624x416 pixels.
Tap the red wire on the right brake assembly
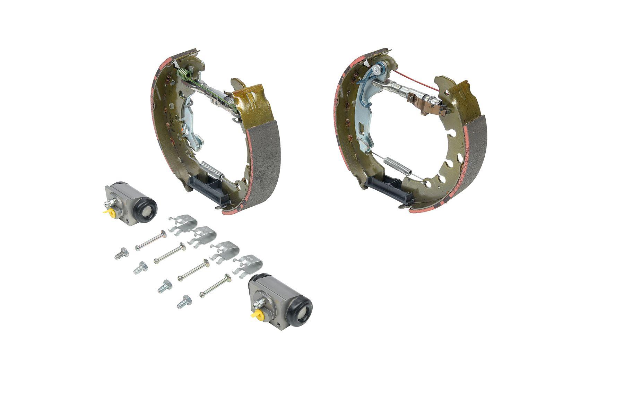416,82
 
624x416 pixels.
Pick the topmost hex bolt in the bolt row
122,253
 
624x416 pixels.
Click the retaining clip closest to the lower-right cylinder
248,264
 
